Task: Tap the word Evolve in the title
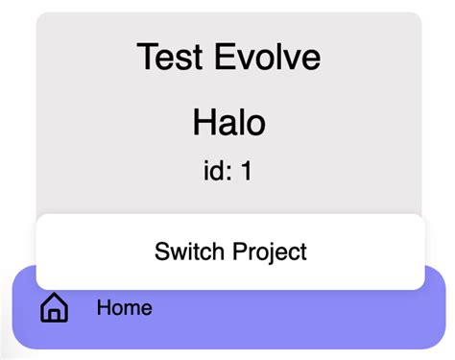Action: coord(268,58)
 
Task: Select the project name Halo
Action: coord(228,122)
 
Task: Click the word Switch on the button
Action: coord(188,252)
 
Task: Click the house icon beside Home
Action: coord(55,308)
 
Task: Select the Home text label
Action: coord(124,308)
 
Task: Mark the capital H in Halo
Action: coord(204,122)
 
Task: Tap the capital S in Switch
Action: coord(161,252)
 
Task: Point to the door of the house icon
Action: coord(55,314)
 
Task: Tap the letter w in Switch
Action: coord(176,252)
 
